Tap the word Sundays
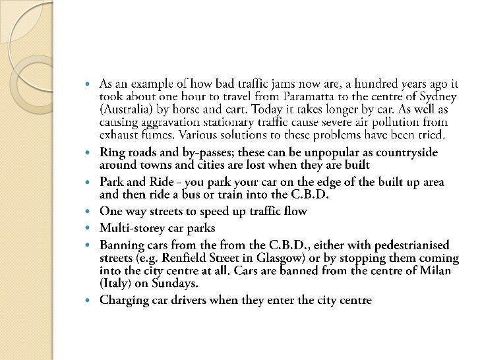(173, 283)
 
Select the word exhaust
(120, 135)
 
